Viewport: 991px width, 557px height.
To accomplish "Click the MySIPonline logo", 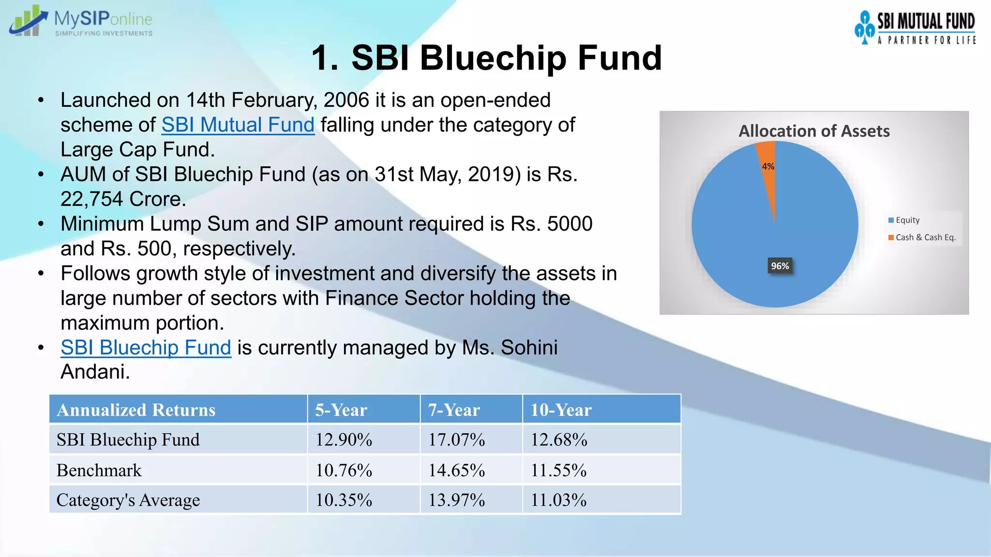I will [x=81, y=21].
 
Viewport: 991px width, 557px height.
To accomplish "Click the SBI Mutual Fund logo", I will [x=915, y=28].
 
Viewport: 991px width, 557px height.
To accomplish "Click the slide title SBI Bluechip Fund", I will [x=486, y=58].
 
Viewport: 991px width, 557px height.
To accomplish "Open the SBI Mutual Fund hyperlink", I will [x=238, y=125].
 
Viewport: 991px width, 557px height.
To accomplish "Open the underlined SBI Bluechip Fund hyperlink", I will [x=146, y=348].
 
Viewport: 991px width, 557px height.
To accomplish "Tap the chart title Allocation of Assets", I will [x=814, y=131].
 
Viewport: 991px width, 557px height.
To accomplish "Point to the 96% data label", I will [x=780, y=266].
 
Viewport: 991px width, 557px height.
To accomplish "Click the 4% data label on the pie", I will [x=768, y=166].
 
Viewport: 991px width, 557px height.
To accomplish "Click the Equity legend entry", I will [x=906, y=220].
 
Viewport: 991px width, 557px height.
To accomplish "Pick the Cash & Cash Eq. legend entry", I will [x=924, y=237].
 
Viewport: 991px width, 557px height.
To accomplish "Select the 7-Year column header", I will [x=454, y=410].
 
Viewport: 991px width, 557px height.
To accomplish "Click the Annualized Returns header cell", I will [x=136, y=410].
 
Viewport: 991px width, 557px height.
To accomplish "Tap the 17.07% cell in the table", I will [x=456, y=440].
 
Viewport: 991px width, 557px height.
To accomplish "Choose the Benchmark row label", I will [x=99, y=470].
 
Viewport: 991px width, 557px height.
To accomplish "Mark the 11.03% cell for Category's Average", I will [x=558, y=500].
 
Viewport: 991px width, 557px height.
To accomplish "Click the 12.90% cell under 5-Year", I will [x=344, y=440].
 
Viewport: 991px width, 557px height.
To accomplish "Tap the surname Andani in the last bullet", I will [x=95, y=372].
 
